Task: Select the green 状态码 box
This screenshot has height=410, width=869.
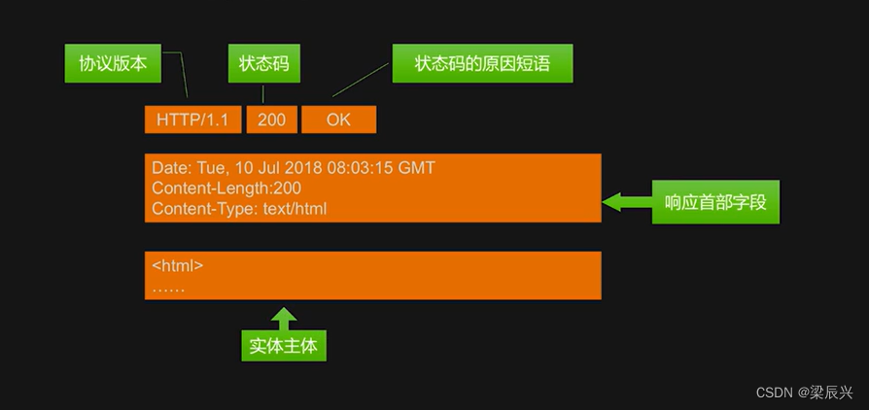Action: [263, 63]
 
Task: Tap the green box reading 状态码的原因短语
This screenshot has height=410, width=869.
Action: [482, 63]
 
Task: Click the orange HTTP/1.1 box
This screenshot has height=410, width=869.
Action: [192, 120]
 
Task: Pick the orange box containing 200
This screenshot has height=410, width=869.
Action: [272, 120]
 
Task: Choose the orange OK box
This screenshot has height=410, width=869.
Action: [338, 120]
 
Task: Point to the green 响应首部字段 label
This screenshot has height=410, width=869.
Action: [714, 202]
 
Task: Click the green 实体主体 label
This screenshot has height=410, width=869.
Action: [284, 345]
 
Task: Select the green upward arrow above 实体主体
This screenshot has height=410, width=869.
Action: [284, 318]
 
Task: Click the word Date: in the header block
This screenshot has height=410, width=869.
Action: [171, 168]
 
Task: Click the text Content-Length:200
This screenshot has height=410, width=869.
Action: [226, 188]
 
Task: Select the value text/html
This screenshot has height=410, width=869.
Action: [295, 209]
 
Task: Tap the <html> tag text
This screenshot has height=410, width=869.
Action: [177, 265]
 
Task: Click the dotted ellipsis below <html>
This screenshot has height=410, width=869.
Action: [168, 288]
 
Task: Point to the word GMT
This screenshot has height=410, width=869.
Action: [417, 168]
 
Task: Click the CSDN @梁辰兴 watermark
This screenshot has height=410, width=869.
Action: [804, 393]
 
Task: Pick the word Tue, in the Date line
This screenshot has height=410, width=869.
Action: [211, 168]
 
